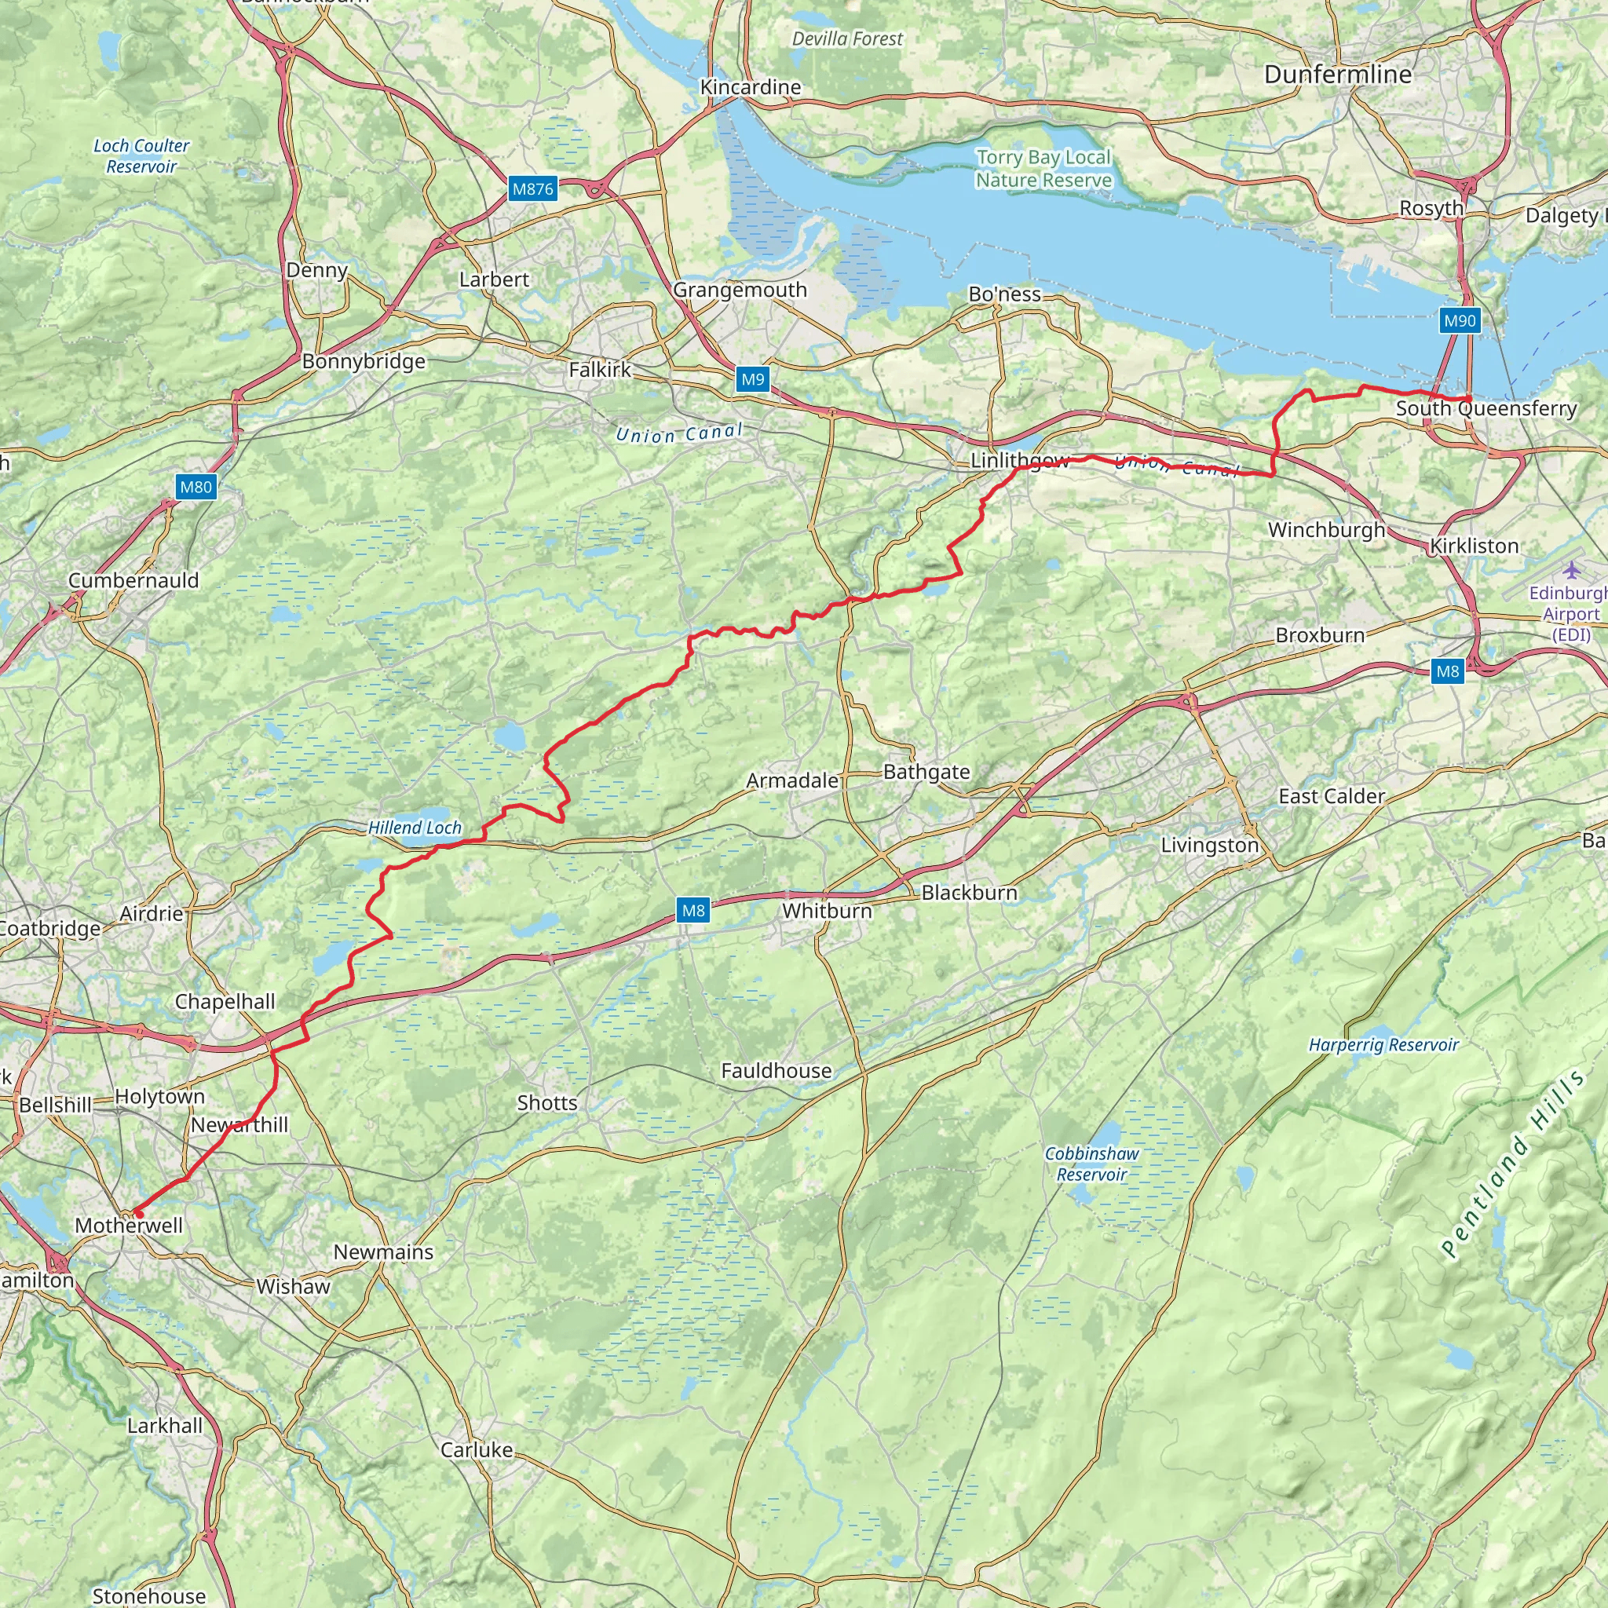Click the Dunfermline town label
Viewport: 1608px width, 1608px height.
click(x=1337, y=75)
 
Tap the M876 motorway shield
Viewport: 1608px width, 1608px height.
click(x=532, y=189)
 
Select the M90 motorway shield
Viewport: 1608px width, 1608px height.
click(x=1460, y=320)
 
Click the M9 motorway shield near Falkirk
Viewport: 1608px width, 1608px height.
click(x=752, y=379)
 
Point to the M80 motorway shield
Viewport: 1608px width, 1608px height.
click(x=196, y=487)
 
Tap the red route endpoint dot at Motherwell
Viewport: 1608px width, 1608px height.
click(x=137, y=1214)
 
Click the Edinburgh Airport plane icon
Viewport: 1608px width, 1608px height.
click(x=1570, y=570)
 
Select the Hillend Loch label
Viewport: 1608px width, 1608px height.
click(x=415, y=828)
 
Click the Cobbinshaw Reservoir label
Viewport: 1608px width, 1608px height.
click(x=1091, y=1164)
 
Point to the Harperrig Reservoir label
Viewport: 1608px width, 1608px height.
click(x=1383, y=1044)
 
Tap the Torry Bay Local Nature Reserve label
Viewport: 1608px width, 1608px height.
click(x=1043, y=169)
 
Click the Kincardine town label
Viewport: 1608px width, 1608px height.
click(x=750, y=87)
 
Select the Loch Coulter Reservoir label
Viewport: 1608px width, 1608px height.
click(x=141, y=155)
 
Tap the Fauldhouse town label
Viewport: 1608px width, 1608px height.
click(x=776, y=1070)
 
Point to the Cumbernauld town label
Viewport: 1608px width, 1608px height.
click(x=133, y=580)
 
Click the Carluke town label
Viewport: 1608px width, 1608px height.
click(x=476, y=1449)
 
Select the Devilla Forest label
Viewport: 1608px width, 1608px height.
click(x=847, y=39)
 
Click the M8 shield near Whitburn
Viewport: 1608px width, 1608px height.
click(x=693, y=910)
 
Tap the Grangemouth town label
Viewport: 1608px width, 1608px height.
click(x=740, y=290)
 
